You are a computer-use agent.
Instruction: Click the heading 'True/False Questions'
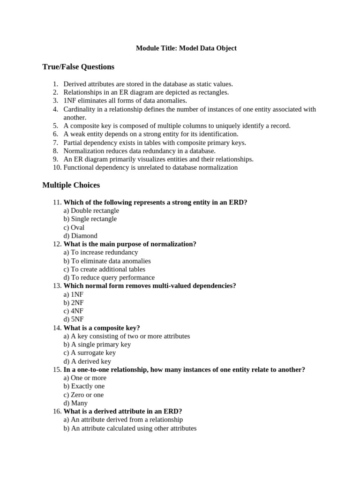78,67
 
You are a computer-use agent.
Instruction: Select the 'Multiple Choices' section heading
71,185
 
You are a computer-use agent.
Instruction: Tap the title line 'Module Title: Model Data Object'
186,48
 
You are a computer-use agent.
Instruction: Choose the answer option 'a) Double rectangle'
91,210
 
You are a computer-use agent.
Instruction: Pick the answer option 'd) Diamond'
80,236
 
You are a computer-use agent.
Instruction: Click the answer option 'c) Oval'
74,227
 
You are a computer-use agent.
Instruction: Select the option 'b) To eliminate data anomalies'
107,261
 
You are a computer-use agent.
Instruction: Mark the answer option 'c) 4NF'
74,311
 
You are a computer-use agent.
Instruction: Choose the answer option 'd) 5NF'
74,319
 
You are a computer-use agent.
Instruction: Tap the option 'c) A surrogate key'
90,352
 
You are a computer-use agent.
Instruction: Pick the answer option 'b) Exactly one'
84,386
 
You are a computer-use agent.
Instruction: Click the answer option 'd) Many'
75,403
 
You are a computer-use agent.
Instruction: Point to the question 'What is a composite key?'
102,328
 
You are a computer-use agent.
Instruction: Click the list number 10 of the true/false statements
56,167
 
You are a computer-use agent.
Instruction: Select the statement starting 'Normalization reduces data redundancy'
139,151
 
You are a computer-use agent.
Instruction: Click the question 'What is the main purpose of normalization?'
130,244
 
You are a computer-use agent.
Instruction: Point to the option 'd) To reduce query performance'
109,277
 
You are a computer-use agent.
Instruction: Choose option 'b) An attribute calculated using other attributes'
130,428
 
